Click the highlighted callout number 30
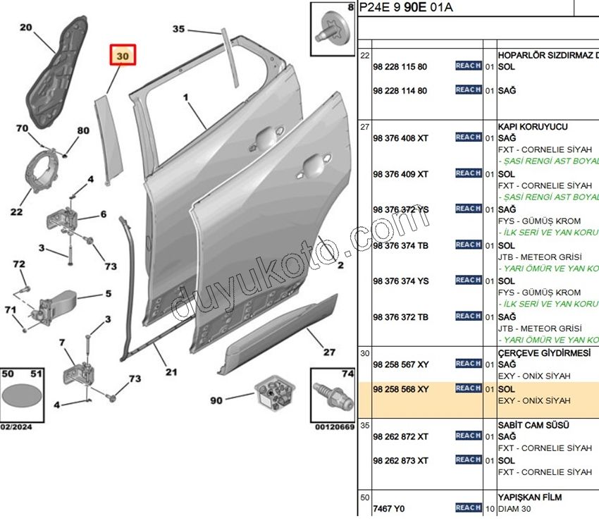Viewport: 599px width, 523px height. click(123, 56)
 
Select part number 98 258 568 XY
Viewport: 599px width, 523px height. click(400, 389)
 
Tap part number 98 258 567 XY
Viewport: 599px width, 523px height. click(400, 364)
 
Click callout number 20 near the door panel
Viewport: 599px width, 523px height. click(26, 28)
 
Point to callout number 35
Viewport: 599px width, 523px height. click(178, 29)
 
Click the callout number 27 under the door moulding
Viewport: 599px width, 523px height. click(329, 352)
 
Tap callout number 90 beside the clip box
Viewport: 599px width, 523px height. click(216, 400)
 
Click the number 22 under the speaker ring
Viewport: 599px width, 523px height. click(16, 211)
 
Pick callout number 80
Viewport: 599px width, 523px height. click(83, 130)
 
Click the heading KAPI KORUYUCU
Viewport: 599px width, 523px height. click(533, 127)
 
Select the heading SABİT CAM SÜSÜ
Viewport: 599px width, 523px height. click(533, 425)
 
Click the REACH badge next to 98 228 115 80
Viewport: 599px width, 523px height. click(468, 66)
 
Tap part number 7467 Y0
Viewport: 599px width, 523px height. click(389, 509)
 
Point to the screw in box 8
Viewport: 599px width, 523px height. click(332, 27)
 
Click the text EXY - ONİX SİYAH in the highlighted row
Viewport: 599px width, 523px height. click(534, 400)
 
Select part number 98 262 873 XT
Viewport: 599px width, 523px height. click(400, 461)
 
